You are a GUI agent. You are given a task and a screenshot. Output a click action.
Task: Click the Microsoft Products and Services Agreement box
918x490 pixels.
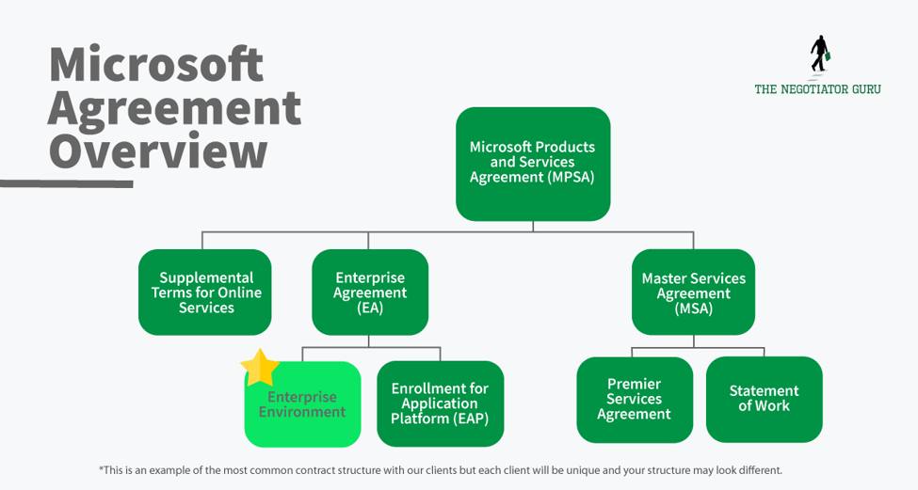pos(533,164)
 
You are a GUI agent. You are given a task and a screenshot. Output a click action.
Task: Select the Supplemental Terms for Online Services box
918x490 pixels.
pos(204,292)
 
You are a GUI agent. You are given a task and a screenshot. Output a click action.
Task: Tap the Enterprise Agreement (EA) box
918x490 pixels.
pos(370,292)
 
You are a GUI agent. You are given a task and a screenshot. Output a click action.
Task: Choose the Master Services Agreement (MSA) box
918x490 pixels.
pos(693,292)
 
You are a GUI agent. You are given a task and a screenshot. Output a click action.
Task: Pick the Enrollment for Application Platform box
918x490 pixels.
pos(440,403)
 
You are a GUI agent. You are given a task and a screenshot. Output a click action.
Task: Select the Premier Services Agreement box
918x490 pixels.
pos(634,400)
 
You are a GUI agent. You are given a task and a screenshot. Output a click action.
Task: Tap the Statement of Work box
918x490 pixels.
pos(764,399)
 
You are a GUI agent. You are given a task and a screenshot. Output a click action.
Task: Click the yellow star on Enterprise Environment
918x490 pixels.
pos(260,368)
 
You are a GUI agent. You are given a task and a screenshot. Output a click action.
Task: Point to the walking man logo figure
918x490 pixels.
pos(818,55)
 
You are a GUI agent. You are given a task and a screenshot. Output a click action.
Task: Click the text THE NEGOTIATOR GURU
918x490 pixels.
pos(817,89)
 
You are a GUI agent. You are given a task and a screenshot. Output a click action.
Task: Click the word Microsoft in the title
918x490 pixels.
pos(156,65)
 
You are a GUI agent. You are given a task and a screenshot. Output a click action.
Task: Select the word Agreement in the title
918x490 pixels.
pos(174,107)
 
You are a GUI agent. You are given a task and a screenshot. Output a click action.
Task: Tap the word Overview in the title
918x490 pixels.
pos(157,150)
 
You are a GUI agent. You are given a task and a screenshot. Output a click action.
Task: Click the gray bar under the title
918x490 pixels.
pos(66,183)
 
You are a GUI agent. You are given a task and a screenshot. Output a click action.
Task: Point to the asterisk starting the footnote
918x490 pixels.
pos(101,469)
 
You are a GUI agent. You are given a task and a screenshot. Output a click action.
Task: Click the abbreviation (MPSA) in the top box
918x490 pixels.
pos(571,177)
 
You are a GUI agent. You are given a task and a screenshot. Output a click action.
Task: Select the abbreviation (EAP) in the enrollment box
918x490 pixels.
pos(472,419)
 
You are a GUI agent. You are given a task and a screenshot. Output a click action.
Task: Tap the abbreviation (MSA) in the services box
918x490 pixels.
pos(693,308)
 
